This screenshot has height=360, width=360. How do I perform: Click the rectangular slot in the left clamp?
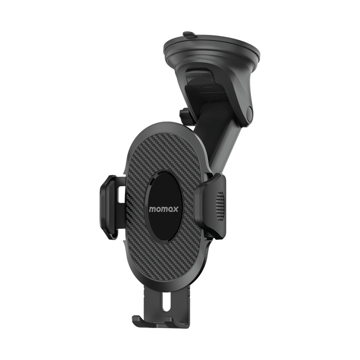coord(121,195)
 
